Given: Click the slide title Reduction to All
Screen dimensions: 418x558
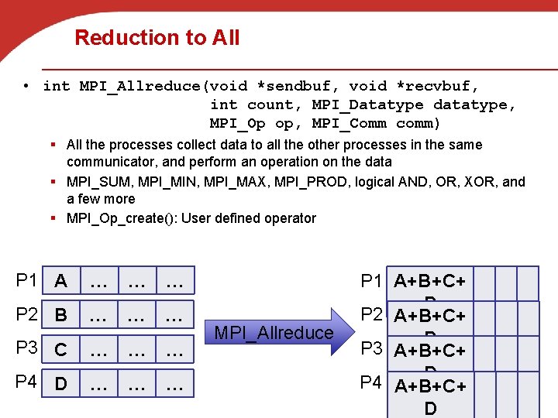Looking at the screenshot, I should point(157,38).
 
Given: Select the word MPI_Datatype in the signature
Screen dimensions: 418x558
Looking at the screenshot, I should point(367,104).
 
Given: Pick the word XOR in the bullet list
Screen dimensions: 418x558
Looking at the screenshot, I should point(480,182).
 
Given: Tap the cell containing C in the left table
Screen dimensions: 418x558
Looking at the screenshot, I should point(60,351).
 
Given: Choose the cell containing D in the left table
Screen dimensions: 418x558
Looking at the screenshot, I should point(60,384).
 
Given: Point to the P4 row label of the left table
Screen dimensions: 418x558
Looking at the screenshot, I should point(26,382).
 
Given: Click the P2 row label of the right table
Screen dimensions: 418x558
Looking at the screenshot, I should point(371,314).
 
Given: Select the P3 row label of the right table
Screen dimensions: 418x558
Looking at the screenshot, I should point(371,348).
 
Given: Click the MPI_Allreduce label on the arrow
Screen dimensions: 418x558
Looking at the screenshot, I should point(274,333).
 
